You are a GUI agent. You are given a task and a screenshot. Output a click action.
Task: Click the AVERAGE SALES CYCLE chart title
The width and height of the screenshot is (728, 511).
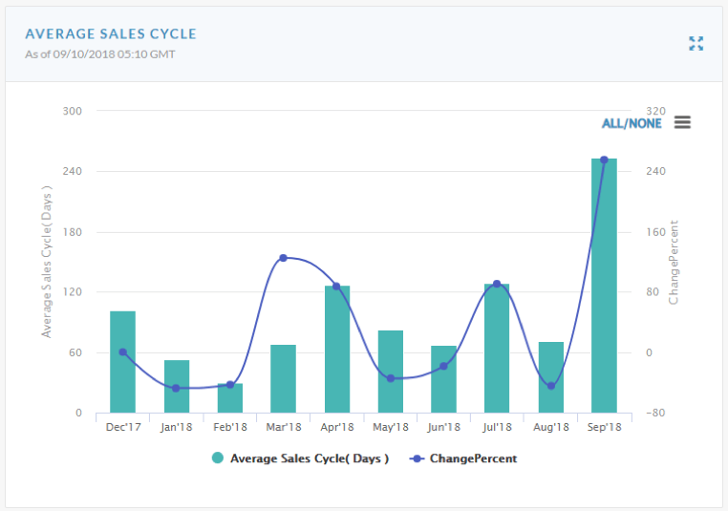[111, 33]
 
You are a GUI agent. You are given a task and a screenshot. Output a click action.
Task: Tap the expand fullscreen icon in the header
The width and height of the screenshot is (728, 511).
[696, 43]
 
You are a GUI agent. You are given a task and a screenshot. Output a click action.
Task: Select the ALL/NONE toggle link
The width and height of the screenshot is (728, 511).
[631, 123]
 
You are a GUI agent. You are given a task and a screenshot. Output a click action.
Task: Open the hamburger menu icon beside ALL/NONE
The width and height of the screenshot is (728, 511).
[682, 122]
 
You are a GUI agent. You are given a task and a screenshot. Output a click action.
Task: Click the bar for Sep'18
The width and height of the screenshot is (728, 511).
[604, 287]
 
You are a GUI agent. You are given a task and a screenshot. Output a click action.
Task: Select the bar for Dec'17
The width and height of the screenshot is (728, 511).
[122, 363]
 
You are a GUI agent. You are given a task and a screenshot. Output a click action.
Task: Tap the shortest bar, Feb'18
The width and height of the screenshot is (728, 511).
[229, 399]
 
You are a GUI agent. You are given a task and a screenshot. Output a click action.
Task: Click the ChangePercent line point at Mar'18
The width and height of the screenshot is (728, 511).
[284, 258]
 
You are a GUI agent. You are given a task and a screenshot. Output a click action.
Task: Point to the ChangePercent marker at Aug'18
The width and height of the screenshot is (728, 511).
[550, 386]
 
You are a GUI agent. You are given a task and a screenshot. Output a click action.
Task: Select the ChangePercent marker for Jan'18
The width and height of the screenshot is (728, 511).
[176, 388]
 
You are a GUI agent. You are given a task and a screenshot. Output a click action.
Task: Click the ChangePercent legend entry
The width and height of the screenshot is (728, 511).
[463, 458]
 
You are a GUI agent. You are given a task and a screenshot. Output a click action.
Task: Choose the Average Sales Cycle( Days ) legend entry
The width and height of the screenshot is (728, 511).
[300, 458]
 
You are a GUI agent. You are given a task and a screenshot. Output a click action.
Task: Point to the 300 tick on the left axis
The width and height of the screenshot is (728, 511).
[73, 111]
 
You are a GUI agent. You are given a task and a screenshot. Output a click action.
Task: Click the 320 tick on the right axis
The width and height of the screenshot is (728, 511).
[655, 111]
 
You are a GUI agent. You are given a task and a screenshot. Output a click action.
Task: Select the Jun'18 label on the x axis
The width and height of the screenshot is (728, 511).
[443, 427]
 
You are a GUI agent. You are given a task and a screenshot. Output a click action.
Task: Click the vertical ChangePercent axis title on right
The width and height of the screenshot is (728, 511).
[674, 263]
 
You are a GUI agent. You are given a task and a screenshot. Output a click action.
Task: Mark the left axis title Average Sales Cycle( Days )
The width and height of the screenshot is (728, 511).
[46, 263]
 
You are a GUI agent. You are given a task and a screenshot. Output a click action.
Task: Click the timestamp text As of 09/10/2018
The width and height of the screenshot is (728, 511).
[99, 53]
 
